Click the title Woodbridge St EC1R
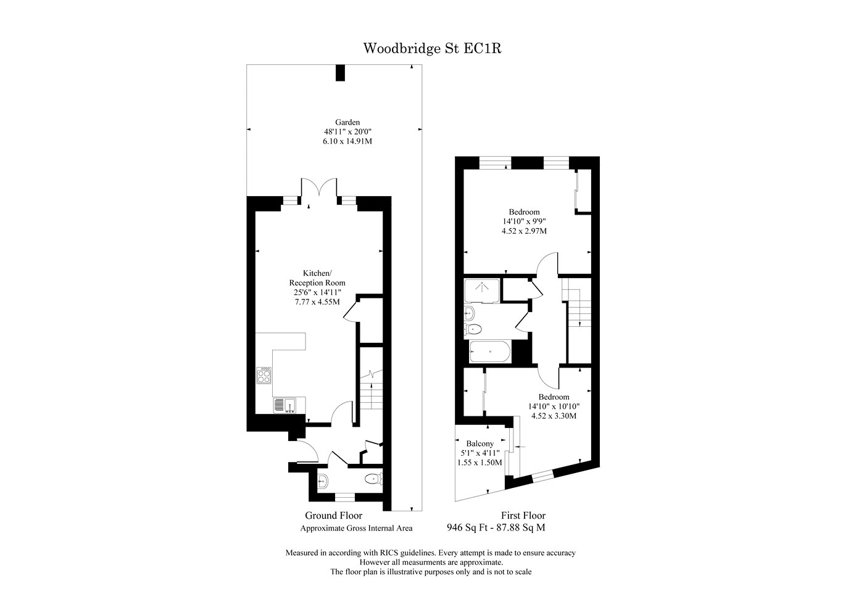tap(432, 49)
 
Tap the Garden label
tap(347, 122)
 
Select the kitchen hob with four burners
tap(264, 375)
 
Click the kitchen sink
tap(285, 405)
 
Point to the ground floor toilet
tap(373, 479)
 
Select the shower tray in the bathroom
tap(482, 291)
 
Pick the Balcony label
tap(480, 443)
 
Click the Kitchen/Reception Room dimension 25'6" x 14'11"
tap(317, 292)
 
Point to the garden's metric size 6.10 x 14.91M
tap(347, 141)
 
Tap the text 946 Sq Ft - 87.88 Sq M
tap(496, 527)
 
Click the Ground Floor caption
tap(334, 516)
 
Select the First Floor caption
tap(523, 516)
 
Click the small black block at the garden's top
tap(340, 73)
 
